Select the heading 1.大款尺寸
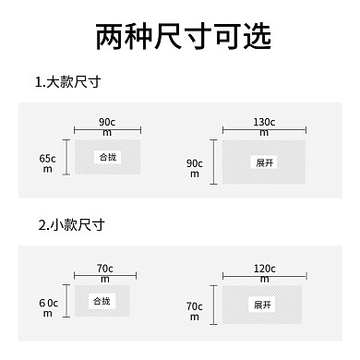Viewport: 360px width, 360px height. point(67,82)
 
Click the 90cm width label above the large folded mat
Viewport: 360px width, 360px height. point(107,126)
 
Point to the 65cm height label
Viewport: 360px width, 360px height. point(48,163)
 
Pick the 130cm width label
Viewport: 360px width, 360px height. point(264,126)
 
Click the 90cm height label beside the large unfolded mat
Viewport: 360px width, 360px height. point(195,168)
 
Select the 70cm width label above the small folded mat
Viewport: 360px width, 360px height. point(104,272)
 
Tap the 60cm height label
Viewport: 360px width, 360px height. point(48,307)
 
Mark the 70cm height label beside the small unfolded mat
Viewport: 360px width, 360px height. point(194,311)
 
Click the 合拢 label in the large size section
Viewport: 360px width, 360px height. point(108,158)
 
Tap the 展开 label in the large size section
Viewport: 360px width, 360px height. point(265,162)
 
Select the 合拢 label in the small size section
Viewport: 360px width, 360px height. point(101,302)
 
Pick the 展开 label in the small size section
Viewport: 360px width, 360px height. point(263,305)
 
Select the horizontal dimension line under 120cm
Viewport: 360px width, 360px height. point(264,276)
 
